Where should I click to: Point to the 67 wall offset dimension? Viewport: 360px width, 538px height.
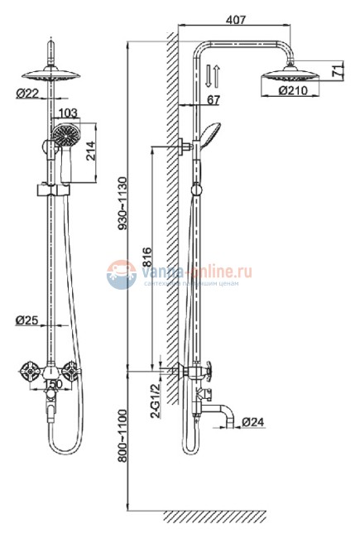pos(212,100)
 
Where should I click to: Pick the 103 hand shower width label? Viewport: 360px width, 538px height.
pos(69,113)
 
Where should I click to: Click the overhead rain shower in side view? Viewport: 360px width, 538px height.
pos(288,82)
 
